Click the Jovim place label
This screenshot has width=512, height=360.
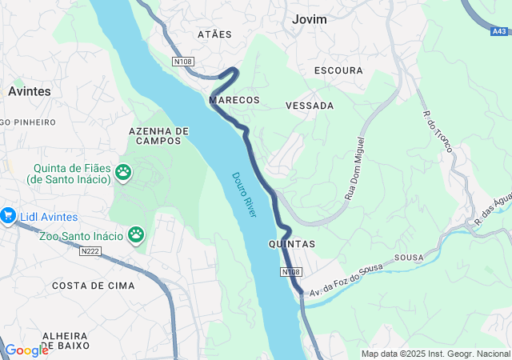coord(310,19)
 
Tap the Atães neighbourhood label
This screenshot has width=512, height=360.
coord(214,34)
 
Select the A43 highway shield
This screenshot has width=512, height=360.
coord(499,32)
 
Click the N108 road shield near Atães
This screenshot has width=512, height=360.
coord(182,61)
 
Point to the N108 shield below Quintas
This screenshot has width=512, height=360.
coord(291,273)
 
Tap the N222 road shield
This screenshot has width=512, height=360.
coord(90,251)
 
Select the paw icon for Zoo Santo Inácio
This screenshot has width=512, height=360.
coord(137,235)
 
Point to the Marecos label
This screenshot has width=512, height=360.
coord(234,100)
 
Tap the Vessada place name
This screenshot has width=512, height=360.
coord(310,106)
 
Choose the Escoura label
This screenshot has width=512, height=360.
coord(338,70)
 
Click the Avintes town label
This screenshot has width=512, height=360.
coord(30,91)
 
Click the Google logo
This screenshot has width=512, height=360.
coord(26,350)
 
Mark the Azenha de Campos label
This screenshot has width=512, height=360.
coord(158,135)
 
